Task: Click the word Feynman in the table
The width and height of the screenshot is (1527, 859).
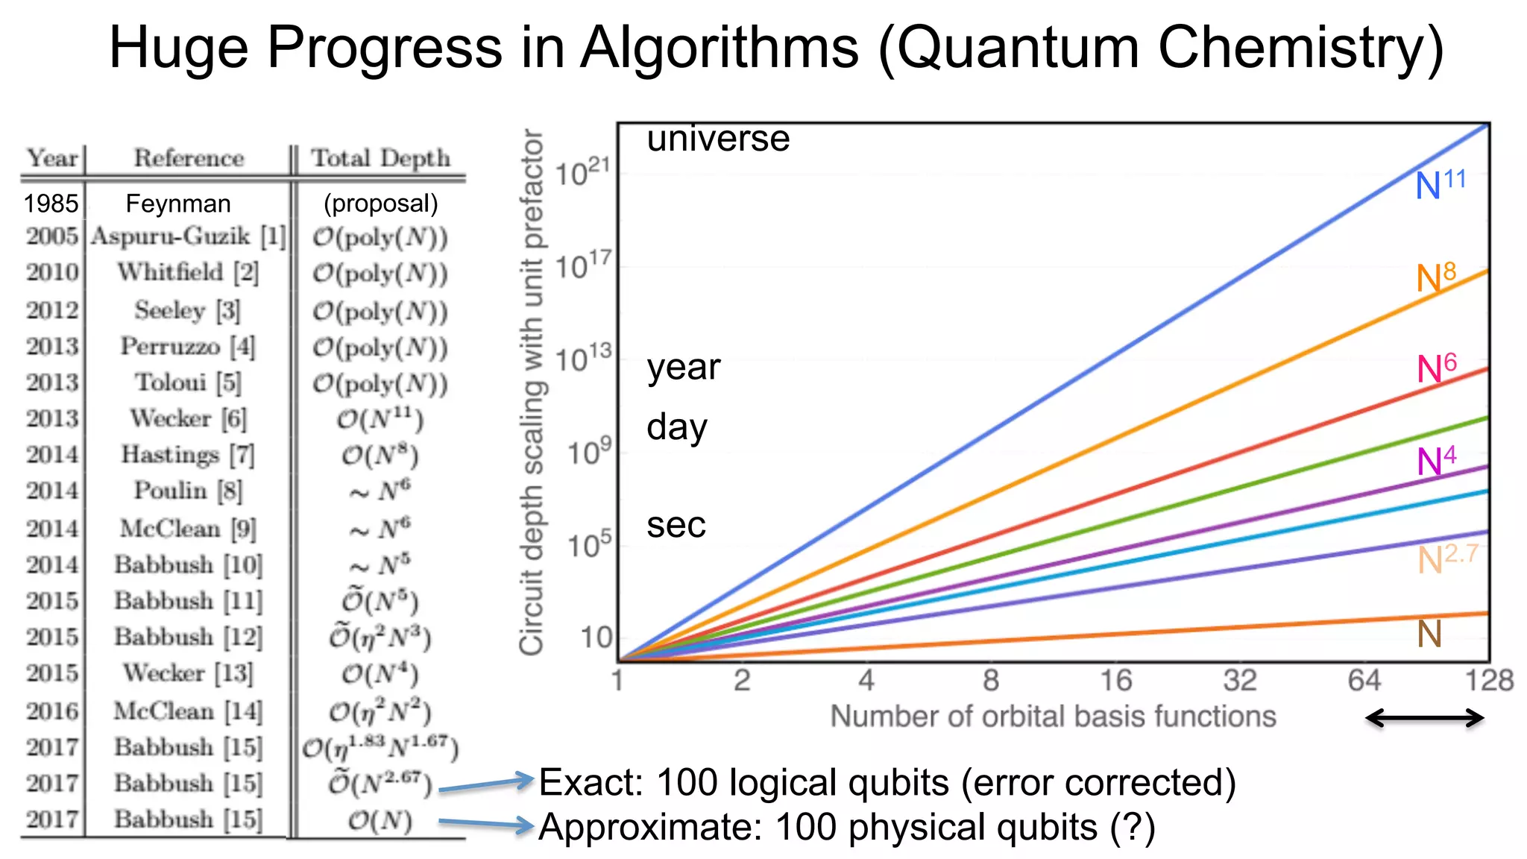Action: pos(178,204)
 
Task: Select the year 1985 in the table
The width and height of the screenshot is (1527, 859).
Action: pos(51,204)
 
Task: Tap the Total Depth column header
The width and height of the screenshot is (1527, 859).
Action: pos(380,158)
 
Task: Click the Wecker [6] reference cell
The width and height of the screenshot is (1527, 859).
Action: pos(188,418)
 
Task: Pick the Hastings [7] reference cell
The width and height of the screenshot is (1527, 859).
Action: pos(188,454)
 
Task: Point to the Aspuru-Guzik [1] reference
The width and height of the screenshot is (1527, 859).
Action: pos(189,236)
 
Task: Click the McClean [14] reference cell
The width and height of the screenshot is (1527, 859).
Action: pos(188,711)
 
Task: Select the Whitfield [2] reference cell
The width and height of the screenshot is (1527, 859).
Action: pos(188,272)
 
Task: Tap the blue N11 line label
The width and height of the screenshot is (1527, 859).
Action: pos(1440,183)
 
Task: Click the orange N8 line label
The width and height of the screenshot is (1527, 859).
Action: pos(1436,277)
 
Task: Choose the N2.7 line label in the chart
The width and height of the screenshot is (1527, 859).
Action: pos(1446,558)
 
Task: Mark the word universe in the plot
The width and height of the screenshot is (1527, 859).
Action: pos(718,139)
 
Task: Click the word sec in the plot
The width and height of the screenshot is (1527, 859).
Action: pos(676,525)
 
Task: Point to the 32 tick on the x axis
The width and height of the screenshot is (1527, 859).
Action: pos(1239,680)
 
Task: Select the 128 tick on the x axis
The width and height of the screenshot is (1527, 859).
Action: pos(1488,680)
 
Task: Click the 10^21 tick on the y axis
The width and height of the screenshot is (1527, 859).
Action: pos(583,173)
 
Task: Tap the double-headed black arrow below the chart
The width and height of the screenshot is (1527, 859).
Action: pos(1424,719)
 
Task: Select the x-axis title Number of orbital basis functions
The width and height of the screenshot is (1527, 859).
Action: pos(1053,717)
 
